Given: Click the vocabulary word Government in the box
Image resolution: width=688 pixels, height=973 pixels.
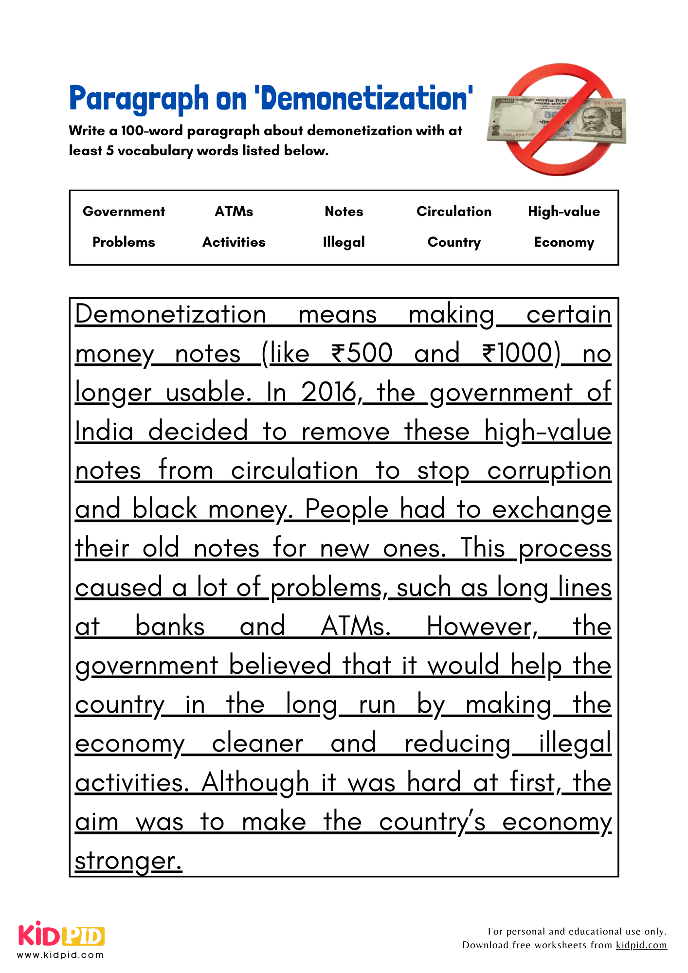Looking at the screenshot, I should [x=124, y=212].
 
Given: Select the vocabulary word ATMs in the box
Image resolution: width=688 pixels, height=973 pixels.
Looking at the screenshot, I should [x=234, y=212].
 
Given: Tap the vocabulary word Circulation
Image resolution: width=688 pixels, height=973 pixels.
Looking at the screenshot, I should [x=453, y=212].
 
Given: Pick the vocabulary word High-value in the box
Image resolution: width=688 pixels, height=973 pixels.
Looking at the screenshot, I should [x=564, y=212].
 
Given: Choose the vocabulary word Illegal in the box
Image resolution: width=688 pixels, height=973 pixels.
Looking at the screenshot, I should [x=344, y=242].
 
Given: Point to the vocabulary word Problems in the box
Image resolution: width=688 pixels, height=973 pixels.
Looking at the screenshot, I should [x=124, y=242].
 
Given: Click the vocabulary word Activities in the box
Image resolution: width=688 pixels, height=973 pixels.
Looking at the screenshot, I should [x=234, y=242].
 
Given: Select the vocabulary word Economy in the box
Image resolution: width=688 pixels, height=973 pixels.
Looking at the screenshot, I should [x=564, y=242].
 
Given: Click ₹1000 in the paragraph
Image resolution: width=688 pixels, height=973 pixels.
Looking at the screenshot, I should [x=521, y=354].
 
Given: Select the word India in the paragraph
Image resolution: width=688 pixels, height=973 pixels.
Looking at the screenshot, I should [x=104, y=432].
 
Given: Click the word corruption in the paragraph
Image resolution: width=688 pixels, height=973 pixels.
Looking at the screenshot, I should [x=549, y=471].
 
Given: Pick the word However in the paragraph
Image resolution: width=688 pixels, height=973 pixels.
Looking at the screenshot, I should [x=482, y=627].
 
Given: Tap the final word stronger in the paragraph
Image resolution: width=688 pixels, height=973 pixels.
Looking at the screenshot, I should [x=128, y=861].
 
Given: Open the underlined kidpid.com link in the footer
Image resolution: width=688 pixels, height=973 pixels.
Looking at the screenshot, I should [x=641, y=945].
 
